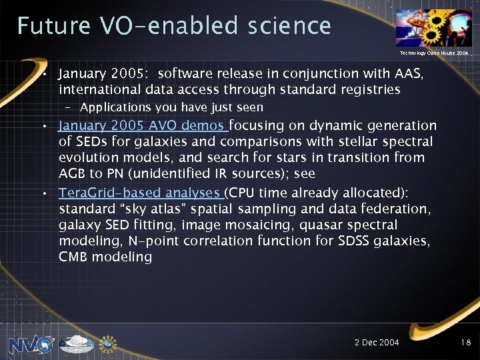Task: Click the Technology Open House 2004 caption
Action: point(433,52)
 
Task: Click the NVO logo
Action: point(31,345)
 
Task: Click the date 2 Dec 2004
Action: point(377,342)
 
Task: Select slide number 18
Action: point(465,342)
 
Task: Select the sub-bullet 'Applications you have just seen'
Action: point(171,107)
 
